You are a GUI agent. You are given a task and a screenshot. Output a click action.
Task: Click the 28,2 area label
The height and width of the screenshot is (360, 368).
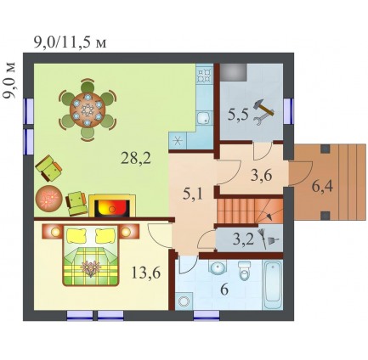[136, 158]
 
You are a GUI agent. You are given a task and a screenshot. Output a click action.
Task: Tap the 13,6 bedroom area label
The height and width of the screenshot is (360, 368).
[146, 273]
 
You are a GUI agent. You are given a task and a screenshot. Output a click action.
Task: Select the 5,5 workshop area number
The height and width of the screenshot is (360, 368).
[238, 115]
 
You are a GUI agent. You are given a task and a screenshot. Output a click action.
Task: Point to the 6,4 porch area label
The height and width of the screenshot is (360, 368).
[322, 187]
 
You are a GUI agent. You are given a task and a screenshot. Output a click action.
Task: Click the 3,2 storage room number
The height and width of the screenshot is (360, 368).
[242, 239]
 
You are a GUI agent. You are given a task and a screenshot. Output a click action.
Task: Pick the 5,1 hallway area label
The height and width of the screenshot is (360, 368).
[193, 194]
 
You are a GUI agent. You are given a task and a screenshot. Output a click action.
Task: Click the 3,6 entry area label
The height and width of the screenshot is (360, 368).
[262, 176]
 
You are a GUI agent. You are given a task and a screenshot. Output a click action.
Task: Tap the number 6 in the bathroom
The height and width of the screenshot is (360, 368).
[224, 290]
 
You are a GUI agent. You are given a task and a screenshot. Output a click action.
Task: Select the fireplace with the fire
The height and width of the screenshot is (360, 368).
[112, 205]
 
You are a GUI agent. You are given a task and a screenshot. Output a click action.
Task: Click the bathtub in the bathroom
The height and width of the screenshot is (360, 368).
[273, 284]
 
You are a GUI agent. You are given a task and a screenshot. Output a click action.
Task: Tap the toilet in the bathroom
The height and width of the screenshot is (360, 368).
[245, 270]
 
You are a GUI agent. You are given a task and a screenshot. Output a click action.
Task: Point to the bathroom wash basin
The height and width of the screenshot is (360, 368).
[218, 267]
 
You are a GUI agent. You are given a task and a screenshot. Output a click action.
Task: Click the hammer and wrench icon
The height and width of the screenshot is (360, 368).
[264, 112]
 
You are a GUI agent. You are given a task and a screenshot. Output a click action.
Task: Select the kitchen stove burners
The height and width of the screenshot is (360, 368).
[205, 74]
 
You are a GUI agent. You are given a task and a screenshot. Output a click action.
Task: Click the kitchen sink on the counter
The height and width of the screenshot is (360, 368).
[203, 119]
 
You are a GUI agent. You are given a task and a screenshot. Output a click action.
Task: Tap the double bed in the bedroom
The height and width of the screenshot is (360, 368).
[91, 255]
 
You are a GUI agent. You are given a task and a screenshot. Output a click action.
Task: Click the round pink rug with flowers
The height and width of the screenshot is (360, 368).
[48, 199]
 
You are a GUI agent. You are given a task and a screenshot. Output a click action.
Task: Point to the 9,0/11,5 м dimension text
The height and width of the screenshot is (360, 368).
[70, 42]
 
